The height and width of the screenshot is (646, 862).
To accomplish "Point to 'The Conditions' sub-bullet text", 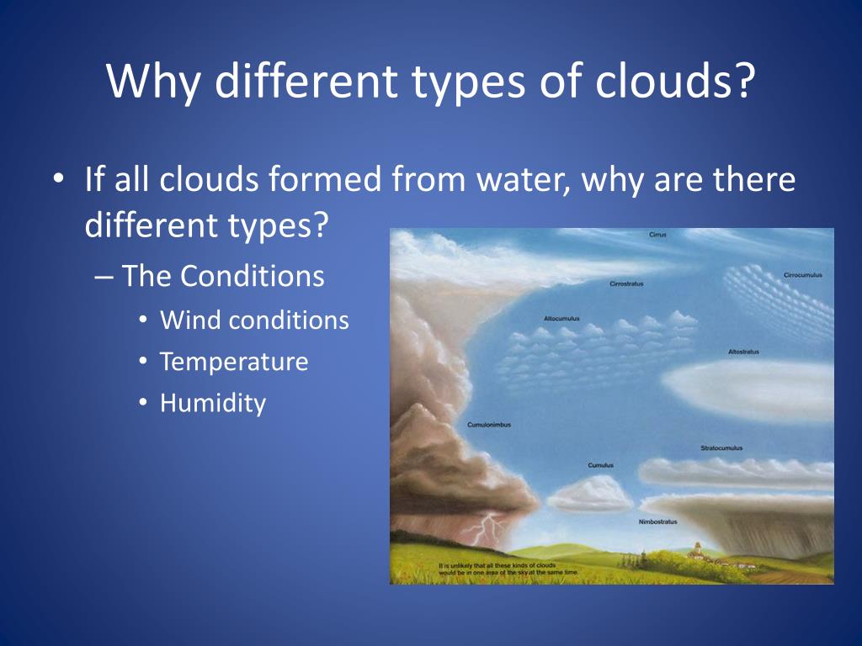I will (x=223, y=276).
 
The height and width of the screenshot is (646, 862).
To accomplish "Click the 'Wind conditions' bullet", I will (x=254, y=320).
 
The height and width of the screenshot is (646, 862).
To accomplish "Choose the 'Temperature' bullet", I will (x=234, y=362).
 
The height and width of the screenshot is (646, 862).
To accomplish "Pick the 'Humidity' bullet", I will (x=213, y=403).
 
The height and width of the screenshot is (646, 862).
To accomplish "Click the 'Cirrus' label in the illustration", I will (x=657, y=235).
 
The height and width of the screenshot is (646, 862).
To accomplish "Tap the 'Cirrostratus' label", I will (x=626, y=284).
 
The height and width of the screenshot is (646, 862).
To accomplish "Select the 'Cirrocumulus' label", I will (x=802, y=275).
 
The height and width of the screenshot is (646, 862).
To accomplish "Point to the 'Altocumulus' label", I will (x=561, y=319).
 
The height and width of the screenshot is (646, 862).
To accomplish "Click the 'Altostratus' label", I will (x=743, y=352).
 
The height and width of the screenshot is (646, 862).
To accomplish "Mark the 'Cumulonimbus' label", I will (x=488, y=425).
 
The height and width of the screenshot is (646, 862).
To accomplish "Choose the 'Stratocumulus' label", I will (x=721, y=448).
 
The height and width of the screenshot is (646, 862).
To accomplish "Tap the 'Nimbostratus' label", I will (x=657, y=522).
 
